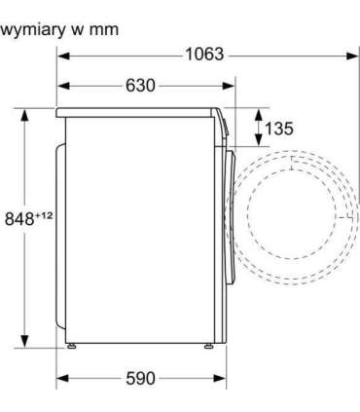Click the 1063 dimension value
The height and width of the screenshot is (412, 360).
pyautogui.click(x=204, y=54)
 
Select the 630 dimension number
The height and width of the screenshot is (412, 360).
pyautogui.click(x=140, y=86)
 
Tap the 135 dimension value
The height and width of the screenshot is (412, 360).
pyautogui.click(x=279, y=128)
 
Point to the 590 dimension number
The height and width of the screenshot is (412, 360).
pyautogui.click(x=140, y=378)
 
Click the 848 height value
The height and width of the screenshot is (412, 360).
pyautogui.click(x=19, y=218)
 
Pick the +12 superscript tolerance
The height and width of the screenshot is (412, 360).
pyautogui.click(x=44, y=215)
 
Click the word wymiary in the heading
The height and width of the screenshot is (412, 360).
pyautogui.click(x=32, y=30)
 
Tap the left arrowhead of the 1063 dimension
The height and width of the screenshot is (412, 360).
pyautogui.click(x=63, y=56)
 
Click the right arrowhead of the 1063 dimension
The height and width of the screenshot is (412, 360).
pyautogui.click(x=352, y=56)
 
